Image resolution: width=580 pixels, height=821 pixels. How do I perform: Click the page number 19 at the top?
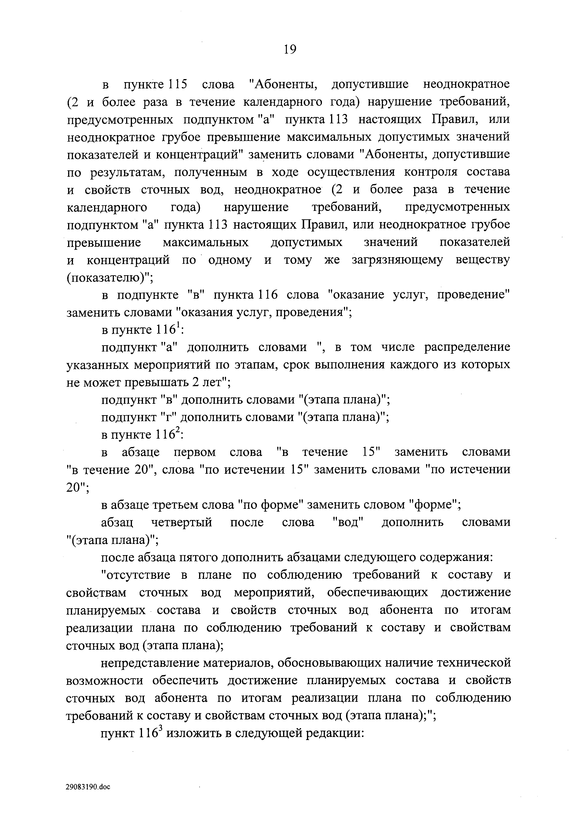click(290, 49)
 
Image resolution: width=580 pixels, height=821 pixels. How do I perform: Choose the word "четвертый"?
click(182, 523)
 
